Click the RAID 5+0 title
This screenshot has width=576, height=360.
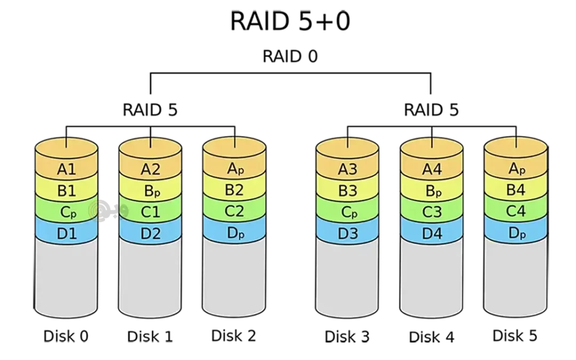coord(290,21)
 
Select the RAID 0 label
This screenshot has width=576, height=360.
coord(290,57)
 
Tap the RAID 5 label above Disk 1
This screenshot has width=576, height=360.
coord(150,110)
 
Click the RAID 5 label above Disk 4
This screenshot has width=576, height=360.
coord(431,110)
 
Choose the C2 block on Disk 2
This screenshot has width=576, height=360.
coord(234,211)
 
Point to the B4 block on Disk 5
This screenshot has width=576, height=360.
coord(516,190)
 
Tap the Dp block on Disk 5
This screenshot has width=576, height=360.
coord(516,233)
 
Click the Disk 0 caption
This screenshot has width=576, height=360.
coord(66,336)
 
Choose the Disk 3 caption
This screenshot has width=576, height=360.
coord(347,337)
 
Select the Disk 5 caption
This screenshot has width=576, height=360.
coord(515,335)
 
